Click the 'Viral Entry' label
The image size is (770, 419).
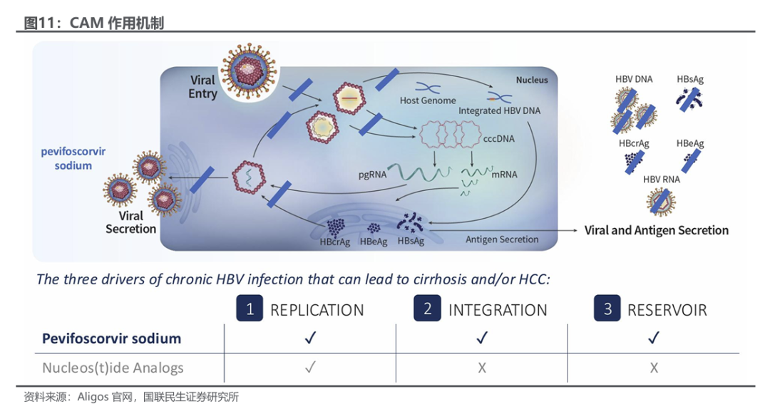[202, 87]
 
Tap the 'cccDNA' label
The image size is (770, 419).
[499, 139]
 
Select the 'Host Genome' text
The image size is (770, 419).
[428, 100]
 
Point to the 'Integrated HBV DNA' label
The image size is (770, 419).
[499, 111]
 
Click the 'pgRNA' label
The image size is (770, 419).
[372, 175]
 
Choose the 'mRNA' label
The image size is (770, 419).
[504, 174]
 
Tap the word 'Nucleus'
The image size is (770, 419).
[532, 80]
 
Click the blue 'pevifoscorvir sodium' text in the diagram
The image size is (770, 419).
[73, 158]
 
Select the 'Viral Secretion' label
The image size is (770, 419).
[130, 222]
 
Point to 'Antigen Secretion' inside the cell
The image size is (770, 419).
[502, 239]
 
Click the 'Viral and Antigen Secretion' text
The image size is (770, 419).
[657, 231]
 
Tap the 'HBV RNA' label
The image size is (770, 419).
[662, 180]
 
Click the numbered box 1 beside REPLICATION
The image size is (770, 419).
[250, 309]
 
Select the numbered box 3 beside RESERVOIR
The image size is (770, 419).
[607, 309]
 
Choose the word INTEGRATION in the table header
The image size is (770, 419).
[498, 310]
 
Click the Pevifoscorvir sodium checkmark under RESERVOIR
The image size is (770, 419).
[654, 338]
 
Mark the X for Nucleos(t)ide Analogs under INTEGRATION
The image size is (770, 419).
[482, 368]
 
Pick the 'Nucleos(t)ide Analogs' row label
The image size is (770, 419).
[113, 368]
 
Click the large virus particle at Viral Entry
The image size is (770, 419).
[249, 70]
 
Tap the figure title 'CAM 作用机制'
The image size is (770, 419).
[117, 23]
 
